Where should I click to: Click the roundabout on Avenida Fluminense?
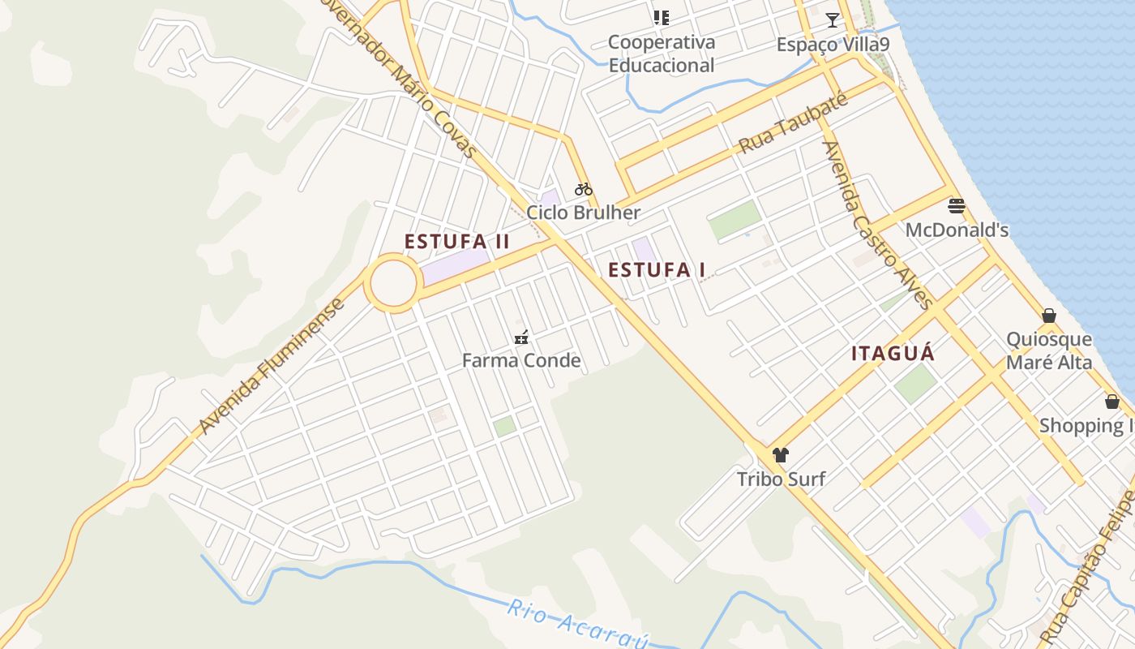pos(393,283)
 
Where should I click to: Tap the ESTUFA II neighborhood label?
pos(457,241)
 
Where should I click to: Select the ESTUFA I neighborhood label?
pos(657,270)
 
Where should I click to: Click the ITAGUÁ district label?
pos(893,354)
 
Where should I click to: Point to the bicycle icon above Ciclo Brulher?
pos(584,190)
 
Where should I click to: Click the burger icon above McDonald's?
pos(957,206)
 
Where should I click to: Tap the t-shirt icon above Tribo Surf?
pos(780,455)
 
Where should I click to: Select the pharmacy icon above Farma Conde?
pos(521,337)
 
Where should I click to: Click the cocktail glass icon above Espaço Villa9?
pos(833,20)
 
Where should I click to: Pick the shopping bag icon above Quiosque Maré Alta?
pos(1049,316)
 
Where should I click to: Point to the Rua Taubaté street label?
pos(793,125)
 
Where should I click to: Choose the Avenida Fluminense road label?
pos(271,366)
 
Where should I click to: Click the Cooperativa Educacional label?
pos(662,54)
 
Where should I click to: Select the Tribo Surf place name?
pos(781,479)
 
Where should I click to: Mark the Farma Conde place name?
pos(521,360)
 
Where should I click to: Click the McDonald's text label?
pos(957,230)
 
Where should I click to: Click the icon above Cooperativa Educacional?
pos(662,17)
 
